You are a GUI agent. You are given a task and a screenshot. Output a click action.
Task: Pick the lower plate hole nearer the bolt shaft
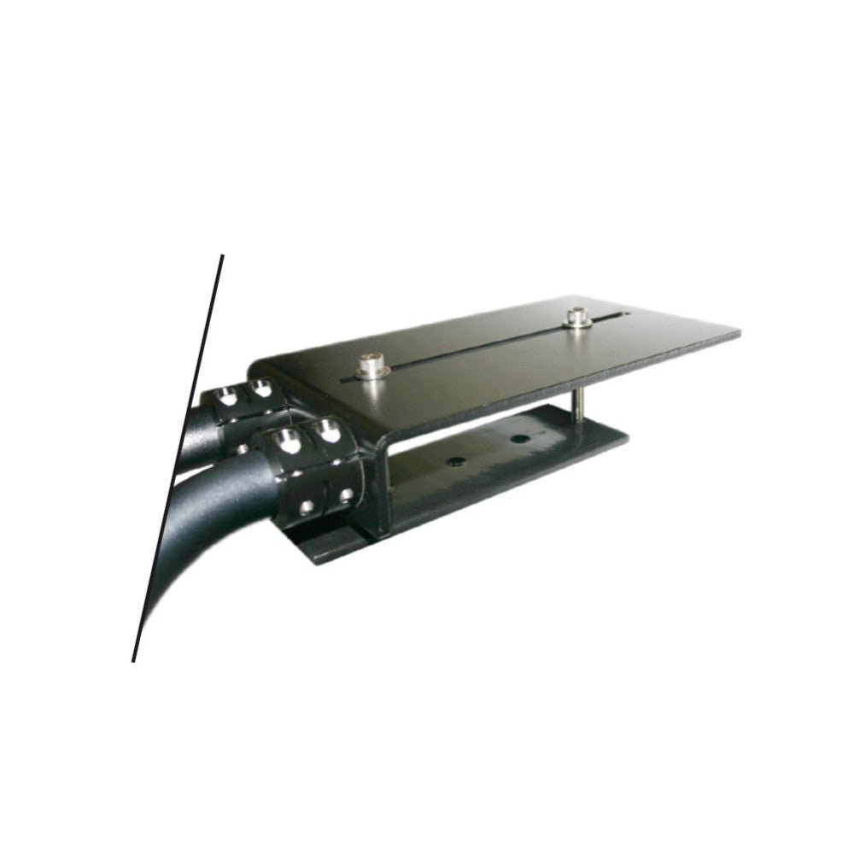(518, 439)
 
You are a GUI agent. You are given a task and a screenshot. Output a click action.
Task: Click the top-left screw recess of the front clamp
(287, 441)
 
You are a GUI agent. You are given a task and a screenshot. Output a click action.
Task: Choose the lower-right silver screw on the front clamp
(346, 494)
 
